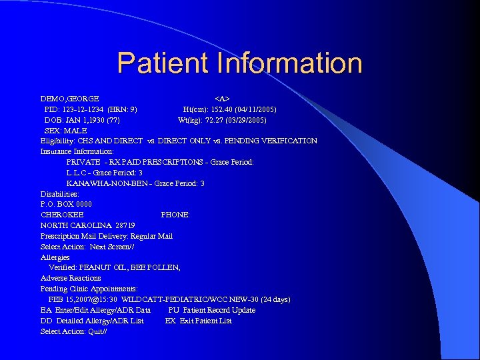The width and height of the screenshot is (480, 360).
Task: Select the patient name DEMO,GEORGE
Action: click(x=70, y=99)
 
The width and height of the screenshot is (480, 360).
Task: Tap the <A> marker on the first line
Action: click(x=222, y=99)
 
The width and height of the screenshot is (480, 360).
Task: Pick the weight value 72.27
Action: click(x=215, y=120)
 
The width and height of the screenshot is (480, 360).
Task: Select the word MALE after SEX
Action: click(x=76, y=131)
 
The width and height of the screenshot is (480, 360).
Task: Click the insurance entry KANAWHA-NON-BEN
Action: click(x=98, y=183)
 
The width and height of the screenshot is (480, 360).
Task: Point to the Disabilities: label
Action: click(x=60, y=194)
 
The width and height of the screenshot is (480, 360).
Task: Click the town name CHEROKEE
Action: click(x=62, y=215)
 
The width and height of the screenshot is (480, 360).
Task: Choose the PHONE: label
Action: click(x=175, y=215)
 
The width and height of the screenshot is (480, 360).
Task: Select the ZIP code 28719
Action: click(x=125, y=225)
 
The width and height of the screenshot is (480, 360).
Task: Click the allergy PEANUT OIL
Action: click(x=107, y=267)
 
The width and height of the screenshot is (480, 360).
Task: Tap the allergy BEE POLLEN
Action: click(x=159, y=267)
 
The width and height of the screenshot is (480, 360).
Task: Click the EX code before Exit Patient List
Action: click(x=170, y=321)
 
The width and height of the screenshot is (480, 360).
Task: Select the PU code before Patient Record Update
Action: click(x=173, y=310)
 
